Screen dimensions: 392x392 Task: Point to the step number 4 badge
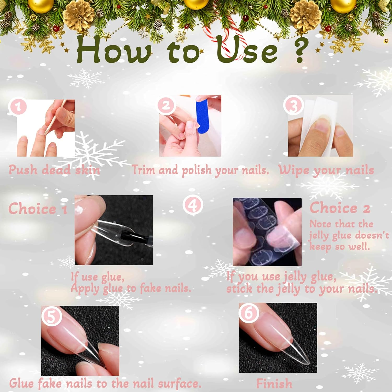[193, 205]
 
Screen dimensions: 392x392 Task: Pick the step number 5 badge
[51, 316]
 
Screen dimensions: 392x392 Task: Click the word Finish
[274, 383]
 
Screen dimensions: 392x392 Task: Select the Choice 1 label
[38, 209]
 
